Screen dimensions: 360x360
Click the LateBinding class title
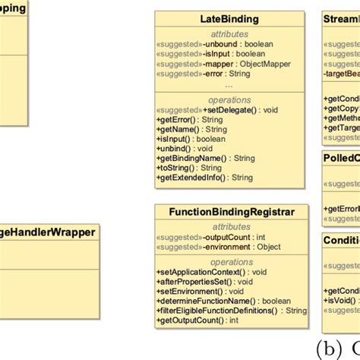[229, 18]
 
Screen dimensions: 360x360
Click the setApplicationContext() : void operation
[212, 272]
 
